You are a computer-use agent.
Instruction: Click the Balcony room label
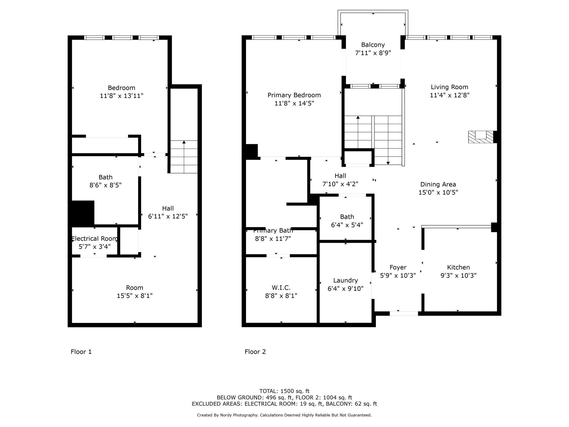[x=373, y=45]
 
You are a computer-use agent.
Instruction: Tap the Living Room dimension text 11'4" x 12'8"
[x=449, y=95]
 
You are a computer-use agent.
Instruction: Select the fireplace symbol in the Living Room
[x=481, y=137]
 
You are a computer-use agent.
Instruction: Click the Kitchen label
[x=458, y=267]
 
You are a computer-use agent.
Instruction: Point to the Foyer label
[x=398, y=267]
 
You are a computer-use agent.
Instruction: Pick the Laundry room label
[x=346, y=281]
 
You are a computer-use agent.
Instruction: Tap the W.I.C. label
[x=281, y=288]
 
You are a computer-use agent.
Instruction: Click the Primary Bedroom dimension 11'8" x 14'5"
[x=294, y=103]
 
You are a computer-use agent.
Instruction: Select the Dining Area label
[x=438, y=184]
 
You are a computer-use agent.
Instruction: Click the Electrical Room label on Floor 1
[x=95, y=239]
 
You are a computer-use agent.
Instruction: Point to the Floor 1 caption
[x=81, y=352]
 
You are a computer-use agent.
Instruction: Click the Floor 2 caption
[x=255, y=352]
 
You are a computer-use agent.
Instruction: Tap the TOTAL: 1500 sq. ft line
[x=284, y=391]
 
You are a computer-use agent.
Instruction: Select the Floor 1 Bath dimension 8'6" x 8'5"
[x=106, y=185]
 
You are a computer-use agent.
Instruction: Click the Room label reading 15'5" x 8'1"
[x=135, y=296]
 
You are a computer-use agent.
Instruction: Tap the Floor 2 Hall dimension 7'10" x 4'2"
[x=340, y=184]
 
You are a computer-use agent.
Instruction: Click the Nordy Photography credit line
[x=284, y=415]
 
